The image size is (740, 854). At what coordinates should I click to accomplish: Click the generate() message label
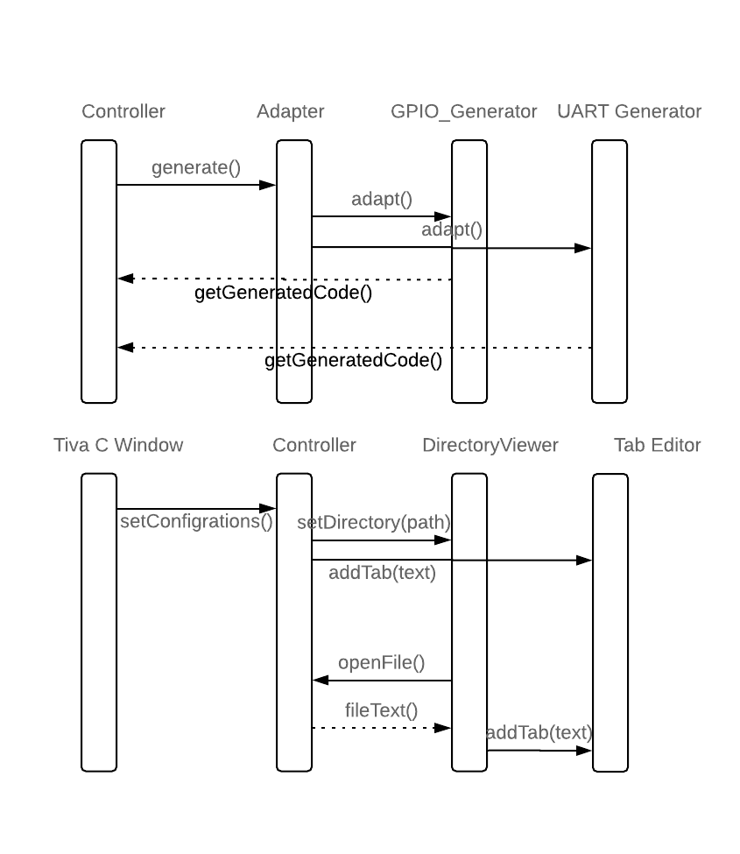tap(195, 167)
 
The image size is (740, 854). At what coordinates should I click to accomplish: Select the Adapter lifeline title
tap(291, 111)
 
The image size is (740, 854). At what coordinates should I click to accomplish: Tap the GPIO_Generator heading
tap(464, 111)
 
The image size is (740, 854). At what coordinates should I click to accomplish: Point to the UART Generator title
tap(629, 111)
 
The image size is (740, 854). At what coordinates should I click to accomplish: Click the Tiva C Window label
tap(118, 445)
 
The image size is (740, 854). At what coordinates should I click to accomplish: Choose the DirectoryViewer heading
tap(490, 445)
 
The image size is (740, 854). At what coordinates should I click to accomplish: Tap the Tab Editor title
tap(657, 445)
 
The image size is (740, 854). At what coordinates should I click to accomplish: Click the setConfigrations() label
tap(196, 522)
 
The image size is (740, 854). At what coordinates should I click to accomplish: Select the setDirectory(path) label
tap(374, 523)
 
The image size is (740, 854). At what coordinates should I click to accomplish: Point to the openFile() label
tap(381, 662)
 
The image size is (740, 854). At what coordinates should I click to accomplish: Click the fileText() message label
tap(381, 710)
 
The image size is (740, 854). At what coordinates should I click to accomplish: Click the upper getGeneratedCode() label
tap(283, 293)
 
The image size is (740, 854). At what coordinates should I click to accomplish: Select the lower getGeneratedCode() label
tap(353, 360)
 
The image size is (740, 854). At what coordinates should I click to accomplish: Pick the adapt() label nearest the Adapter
tap(381, 199)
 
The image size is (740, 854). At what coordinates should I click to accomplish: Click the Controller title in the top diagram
tap(123, 111)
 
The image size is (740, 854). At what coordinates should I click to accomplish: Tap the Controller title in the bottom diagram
tap(314, 445)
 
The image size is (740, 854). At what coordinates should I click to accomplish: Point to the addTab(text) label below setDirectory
tap(382, 573)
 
